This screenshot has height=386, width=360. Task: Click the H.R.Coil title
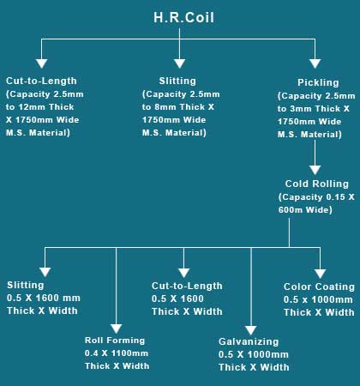point(183,17)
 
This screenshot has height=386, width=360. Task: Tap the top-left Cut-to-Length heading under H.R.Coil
point(41,81)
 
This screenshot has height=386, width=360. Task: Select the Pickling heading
point(318,82)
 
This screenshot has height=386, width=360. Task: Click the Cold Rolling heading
point(317,184)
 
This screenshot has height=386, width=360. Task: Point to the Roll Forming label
point(115,341)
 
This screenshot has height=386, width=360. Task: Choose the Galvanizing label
point(249,341)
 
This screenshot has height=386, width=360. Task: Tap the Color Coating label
point(319,286)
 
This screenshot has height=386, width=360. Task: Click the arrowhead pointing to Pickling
point(315,63)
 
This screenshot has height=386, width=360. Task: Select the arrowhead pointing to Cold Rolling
point(315,170)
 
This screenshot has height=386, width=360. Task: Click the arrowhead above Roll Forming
point(116,329)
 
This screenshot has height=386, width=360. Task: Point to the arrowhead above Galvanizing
point(251,330)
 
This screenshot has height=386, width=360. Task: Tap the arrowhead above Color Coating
point(320,274)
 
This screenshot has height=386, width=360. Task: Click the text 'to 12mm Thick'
point(39,107)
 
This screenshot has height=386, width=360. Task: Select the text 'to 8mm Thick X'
point(178,107)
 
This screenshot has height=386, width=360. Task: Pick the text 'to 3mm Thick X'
point(314,109)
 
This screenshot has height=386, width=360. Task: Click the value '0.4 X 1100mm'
point(117,353)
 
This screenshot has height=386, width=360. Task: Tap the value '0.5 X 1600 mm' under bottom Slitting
point(44,298)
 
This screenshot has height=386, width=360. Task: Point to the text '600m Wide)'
point(305,210)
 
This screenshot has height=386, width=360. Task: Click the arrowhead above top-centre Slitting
point(179,63)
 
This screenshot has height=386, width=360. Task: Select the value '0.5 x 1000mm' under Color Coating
point(318,299)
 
